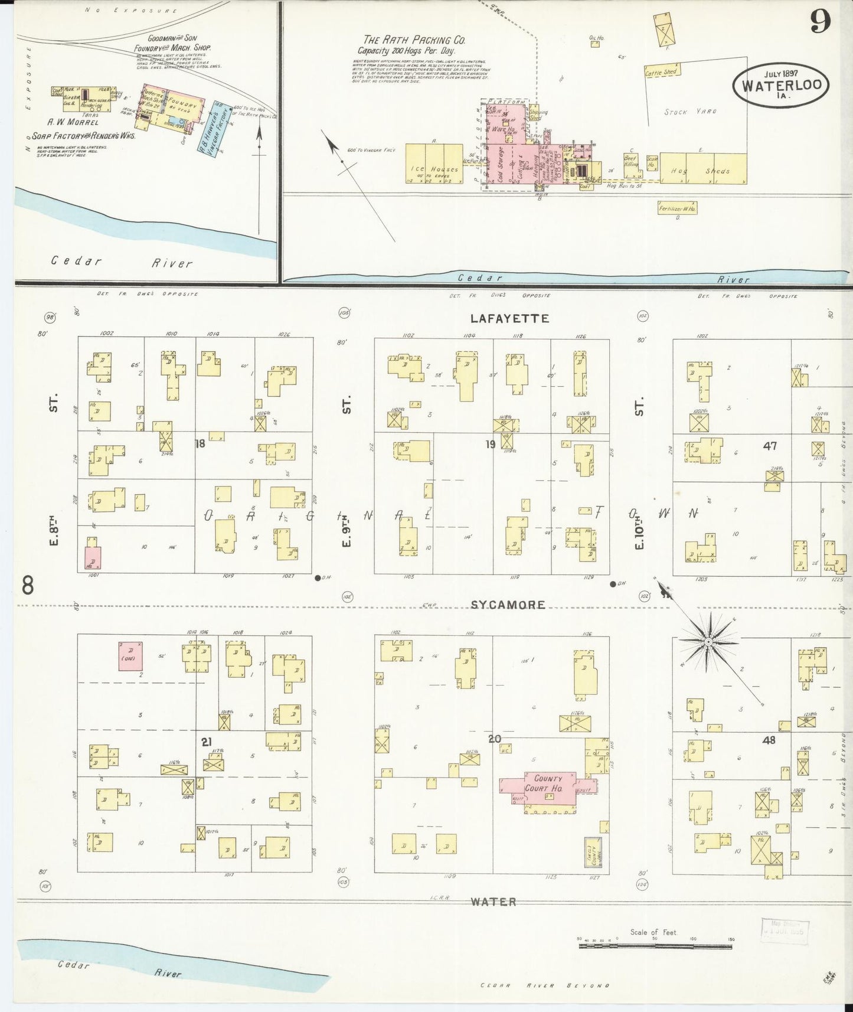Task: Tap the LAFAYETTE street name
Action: pos(509,318)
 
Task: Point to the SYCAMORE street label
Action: pos(508,605)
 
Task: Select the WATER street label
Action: pos(494,902)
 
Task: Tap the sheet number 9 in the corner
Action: pos(820,22)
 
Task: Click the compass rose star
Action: pos(708,640)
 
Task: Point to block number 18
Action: pos(200,443)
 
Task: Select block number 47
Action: pos(770,446)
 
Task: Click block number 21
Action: pos(206,742)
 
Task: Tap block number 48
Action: pos(769,740)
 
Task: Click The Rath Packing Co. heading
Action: pos(414,40)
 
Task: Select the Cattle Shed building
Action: pos(661,73)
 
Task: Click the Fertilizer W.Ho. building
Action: pos(677,208)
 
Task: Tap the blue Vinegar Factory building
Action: pos(221,128)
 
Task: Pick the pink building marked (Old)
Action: pos(130,655)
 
